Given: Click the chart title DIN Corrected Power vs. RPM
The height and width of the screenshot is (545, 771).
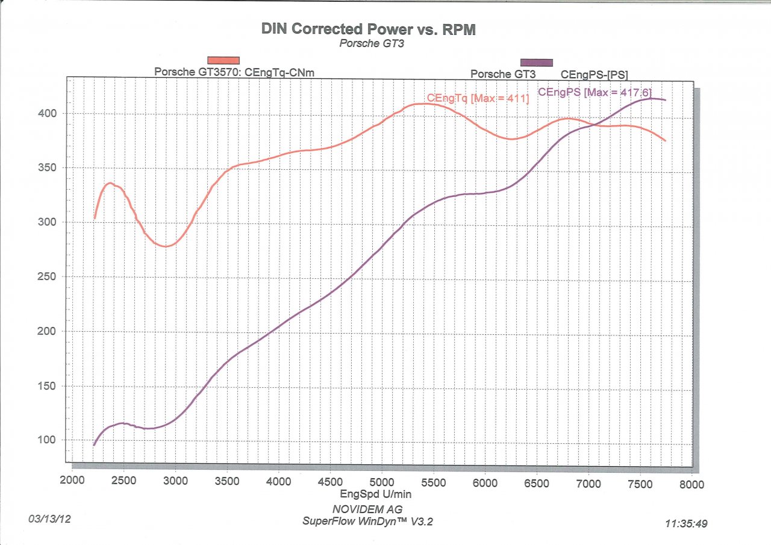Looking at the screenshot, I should [x=368, y=29].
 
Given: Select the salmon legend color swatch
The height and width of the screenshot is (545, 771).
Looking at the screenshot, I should [x=223, y=60].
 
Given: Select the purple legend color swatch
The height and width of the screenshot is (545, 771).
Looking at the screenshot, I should [x=536, y=62].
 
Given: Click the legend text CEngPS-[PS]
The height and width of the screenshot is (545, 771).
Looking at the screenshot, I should [x=595, y=74].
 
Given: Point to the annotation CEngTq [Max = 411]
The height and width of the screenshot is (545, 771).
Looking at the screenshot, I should [x=478, y=98].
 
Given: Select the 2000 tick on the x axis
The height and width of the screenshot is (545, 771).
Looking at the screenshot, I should [x=72, y=481].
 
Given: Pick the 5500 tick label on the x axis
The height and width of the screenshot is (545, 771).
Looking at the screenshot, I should [x=432, y=483].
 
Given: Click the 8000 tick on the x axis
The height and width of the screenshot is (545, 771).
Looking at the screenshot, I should [x=691, y=484].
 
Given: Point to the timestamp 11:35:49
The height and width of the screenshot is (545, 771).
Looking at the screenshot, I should [x=686, y=523].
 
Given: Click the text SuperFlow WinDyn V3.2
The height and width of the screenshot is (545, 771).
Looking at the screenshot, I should [x=367, y=521].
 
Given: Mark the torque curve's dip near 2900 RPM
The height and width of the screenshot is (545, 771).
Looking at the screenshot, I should [x=167, y=246].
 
